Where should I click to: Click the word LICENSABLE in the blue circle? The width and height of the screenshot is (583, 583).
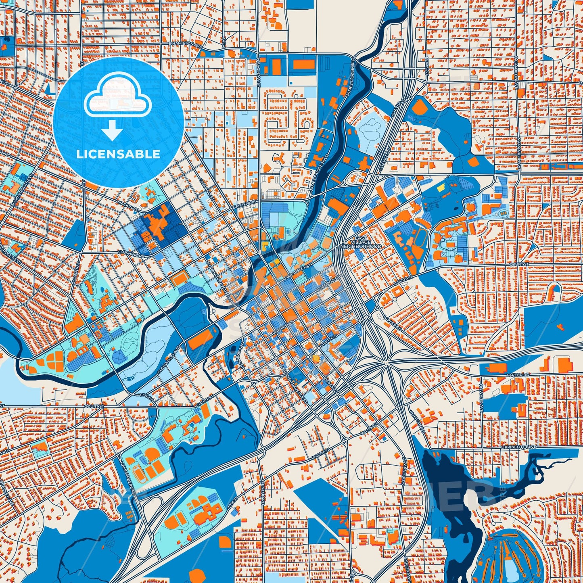[118, 154]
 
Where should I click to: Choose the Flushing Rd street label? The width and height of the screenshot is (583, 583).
[131, 254]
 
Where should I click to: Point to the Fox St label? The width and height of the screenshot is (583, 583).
[148, 397]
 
